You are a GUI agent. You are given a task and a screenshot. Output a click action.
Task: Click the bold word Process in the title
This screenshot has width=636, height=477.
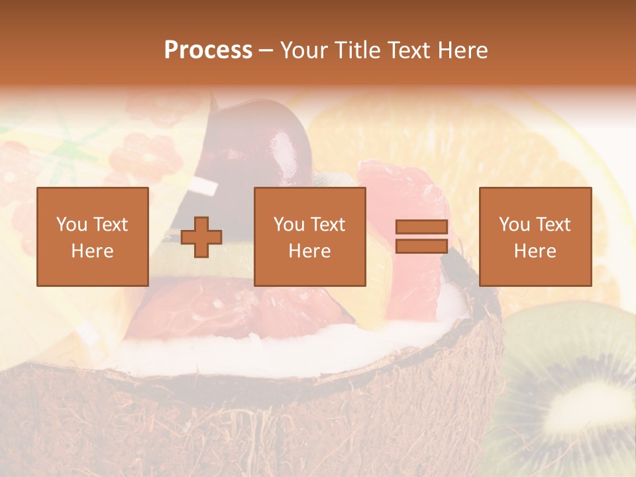[208, 50]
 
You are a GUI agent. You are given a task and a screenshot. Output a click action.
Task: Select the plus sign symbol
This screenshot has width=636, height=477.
[201, 237]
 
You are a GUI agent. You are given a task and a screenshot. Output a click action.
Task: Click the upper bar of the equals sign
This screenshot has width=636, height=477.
[421, 227]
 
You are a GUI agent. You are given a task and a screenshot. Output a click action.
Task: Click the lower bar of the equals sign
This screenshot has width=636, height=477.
[421, 246]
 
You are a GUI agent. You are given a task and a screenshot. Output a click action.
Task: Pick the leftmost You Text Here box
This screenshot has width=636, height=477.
[92, 237]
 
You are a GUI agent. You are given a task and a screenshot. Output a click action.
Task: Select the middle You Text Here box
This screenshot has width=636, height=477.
[309, 237]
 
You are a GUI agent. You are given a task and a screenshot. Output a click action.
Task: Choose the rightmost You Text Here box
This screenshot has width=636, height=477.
[535, 237]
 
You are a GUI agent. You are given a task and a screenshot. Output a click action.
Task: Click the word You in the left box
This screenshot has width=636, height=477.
[71, 225]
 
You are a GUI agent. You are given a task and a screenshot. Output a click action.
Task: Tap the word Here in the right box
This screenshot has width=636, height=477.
[535, 251]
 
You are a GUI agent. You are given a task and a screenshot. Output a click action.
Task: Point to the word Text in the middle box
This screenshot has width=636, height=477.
[328, 225]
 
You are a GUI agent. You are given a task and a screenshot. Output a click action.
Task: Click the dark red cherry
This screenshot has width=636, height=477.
[265, 142]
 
